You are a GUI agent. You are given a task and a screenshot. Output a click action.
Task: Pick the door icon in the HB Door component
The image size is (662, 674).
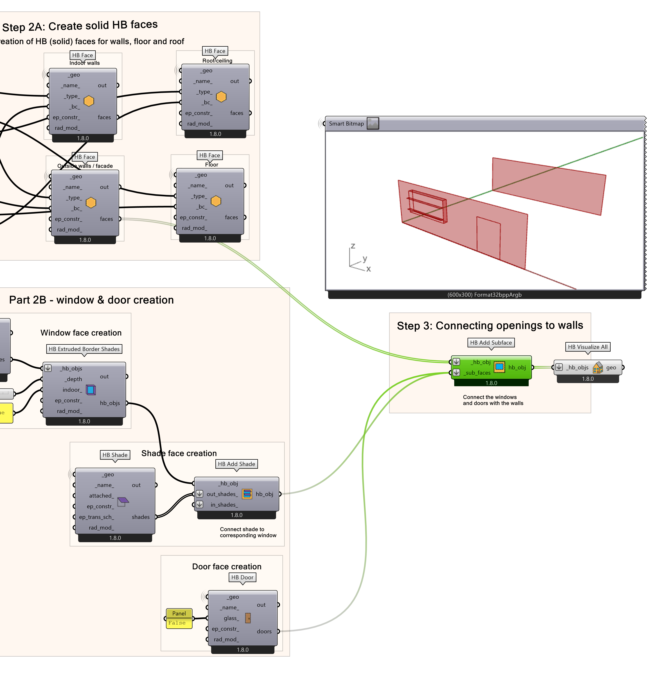click(x=248, y=618)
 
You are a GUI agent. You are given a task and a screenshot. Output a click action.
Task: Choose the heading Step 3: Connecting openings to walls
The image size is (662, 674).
click(x=490, y=325)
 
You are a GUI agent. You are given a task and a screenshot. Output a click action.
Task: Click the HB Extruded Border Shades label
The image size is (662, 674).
click(x=84, y=349)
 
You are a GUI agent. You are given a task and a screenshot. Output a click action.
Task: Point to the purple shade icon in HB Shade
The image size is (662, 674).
click(x=123, y=501)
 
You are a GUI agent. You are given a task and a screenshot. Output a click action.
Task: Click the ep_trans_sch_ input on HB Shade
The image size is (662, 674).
click(x=96, y=517)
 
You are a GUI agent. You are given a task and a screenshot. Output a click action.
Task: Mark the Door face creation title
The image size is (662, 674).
click(x=227, y=566)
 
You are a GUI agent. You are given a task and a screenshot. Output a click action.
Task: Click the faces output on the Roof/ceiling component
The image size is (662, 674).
click(x=237, y=113)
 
